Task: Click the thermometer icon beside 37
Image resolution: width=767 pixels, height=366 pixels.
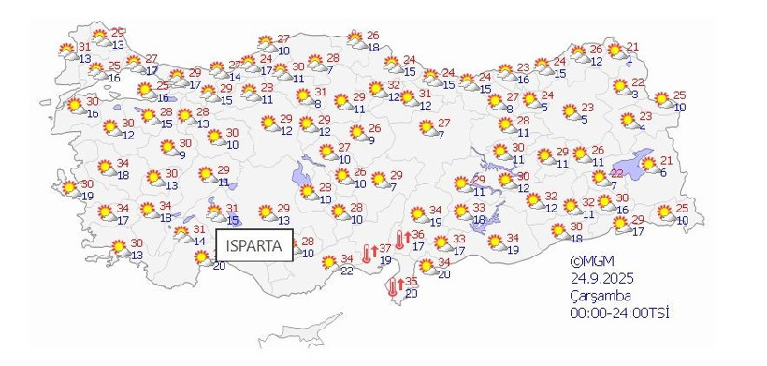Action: click(366, 251)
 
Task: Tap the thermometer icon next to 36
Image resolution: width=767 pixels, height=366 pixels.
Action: click(399, 239)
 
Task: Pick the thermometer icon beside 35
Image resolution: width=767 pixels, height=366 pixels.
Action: click(393, 285)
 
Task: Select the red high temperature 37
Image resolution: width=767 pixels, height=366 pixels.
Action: click(385, 248)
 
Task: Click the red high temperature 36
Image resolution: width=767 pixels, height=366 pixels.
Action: click(418, 236)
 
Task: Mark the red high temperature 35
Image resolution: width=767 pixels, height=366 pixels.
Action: click(411, 282)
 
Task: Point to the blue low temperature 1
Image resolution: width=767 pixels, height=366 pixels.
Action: click(630, 60)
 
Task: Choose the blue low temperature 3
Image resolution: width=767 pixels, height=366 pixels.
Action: click(635, 95)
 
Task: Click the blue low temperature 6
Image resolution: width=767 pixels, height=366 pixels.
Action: click(662, 172)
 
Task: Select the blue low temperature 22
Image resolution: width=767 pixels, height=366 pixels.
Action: click(346, 271)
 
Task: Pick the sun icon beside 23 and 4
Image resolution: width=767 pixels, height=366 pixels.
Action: click(628, 120)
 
